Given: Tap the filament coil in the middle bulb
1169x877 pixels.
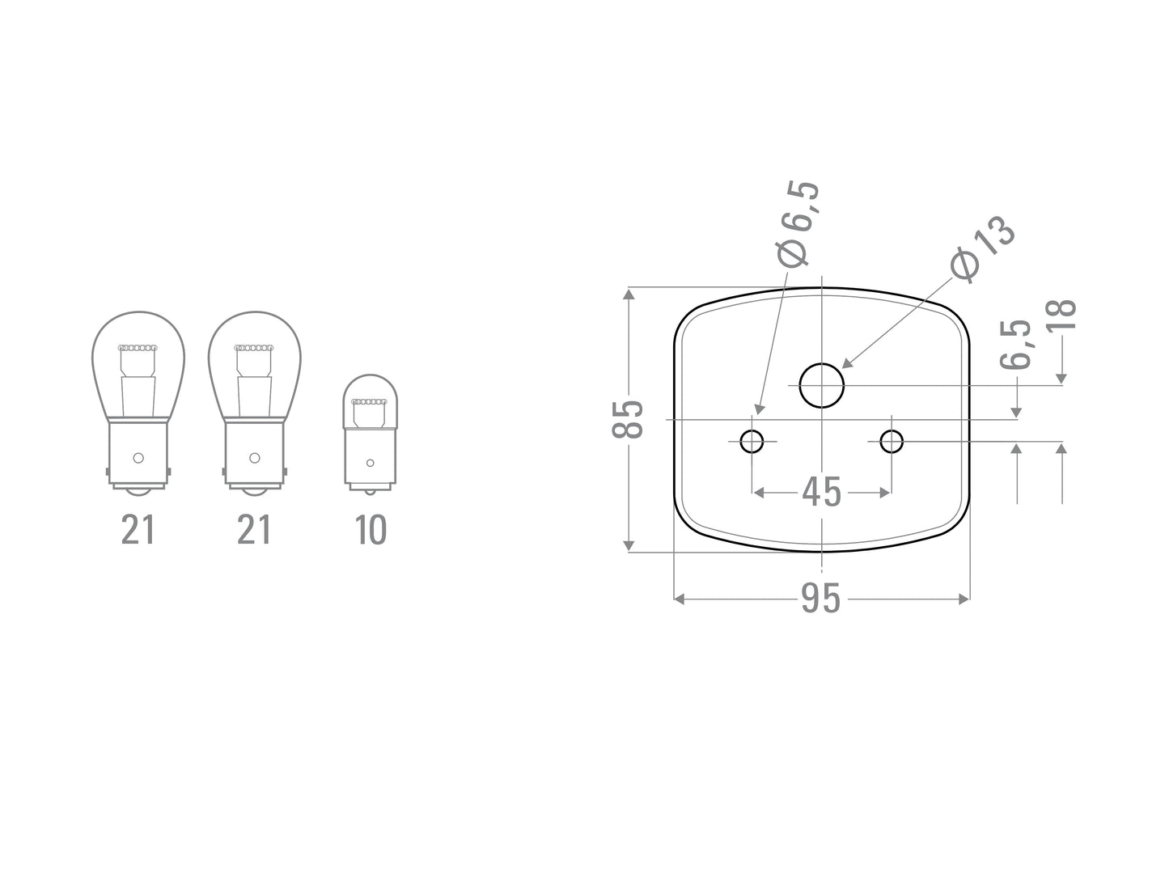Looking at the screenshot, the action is point(254,348).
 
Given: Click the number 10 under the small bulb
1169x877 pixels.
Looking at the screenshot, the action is point(371,530).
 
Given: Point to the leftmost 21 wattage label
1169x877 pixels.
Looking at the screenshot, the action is point(138,530).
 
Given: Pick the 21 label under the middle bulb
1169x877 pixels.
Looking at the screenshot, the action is point(254,530).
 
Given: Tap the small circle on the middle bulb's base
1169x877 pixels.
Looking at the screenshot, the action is point(255,458).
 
